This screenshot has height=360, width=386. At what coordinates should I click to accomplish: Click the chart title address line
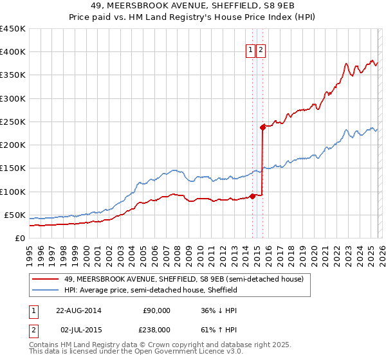pos(192,6)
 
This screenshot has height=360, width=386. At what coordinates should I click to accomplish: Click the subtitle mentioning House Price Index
pos(192,17)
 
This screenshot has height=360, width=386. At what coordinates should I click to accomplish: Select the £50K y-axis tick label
pos(15,215)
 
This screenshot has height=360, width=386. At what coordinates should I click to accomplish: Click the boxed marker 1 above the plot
pos(250,51)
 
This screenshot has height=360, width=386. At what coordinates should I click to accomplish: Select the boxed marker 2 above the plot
pos(261,51)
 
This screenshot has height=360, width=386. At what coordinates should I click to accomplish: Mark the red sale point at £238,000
pos(262,127)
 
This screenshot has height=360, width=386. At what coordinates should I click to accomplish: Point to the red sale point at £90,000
pos(253,196)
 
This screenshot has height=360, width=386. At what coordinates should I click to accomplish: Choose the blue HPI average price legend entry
pos(151,290)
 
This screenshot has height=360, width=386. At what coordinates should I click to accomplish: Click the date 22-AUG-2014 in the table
pos(78,310)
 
